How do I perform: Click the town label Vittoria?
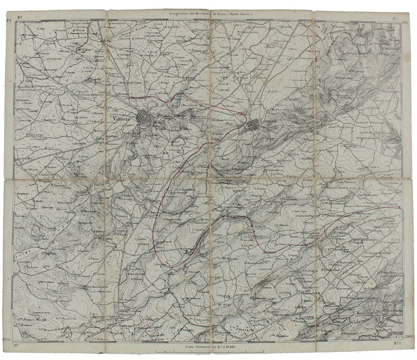[x=123, y=120]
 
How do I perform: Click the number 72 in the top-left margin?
[x=9, y=20]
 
